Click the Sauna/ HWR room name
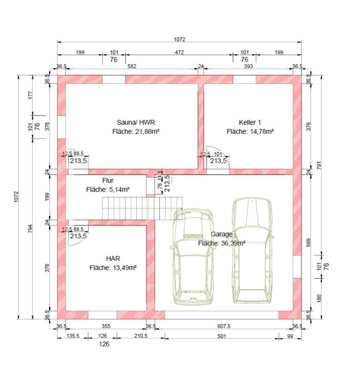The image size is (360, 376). coord(136,122)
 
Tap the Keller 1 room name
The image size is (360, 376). coord(250,122)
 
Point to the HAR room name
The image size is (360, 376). coord(113,258)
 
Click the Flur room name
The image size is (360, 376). coord(108,180)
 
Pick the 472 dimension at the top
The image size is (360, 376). coord(179,52)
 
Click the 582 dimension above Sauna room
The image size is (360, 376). coord(132,66)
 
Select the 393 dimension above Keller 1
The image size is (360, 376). coord(248,66)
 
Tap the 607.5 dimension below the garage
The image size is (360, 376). coord(224,326)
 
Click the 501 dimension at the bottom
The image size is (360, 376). coord(222,336)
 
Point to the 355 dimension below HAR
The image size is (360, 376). coord(106,326)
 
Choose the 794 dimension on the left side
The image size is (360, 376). coord(30,228)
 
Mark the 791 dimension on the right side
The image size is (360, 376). coord(319,165)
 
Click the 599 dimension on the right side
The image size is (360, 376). coord(309,242)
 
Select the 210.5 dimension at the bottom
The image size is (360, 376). coord(141,336)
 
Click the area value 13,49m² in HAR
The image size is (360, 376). coord(125,268)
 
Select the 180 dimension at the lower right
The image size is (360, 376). coord(319,298)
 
